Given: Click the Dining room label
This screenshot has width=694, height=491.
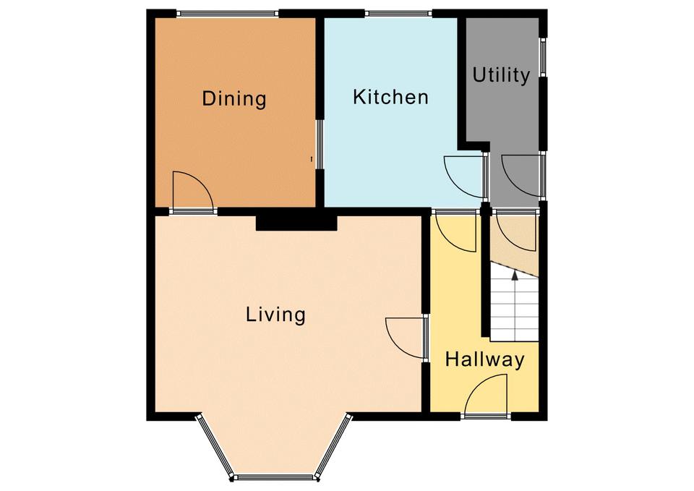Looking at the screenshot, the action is click(x=234, y=98).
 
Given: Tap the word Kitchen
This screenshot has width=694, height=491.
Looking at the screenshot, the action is click(x=391, y=97).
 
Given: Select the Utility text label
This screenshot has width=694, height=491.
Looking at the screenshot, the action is click(x=501, y=75).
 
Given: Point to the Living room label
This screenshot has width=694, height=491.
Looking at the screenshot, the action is click(x=275, y=315).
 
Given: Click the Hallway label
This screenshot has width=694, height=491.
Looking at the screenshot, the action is click(x=484, y=359).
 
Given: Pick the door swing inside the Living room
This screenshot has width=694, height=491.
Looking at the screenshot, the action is click(x=404, y=338).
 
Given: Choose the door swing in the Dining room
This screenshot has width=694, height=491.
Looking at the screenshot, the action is click(x=193, y=191).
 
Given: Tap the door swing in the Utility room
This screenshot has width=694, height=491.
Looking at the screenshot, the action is click(x=520, y=176).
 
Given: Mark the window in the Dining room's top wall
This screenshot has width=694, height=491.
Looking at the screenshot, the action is click(x=228, y=14).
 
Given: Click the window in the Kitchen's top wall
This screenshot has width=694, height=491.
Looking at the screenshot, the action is click(x=398, y=14).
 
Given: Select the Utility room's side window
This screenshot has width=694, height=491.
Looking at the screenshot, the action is click(x=543, y=57).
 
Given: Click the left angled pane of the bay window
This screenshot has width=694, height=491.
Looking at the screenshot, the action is click(x=214, y=446).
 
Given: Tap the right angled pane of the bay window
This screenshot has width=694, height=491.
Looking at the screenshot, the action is click(x=333, y=446).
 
